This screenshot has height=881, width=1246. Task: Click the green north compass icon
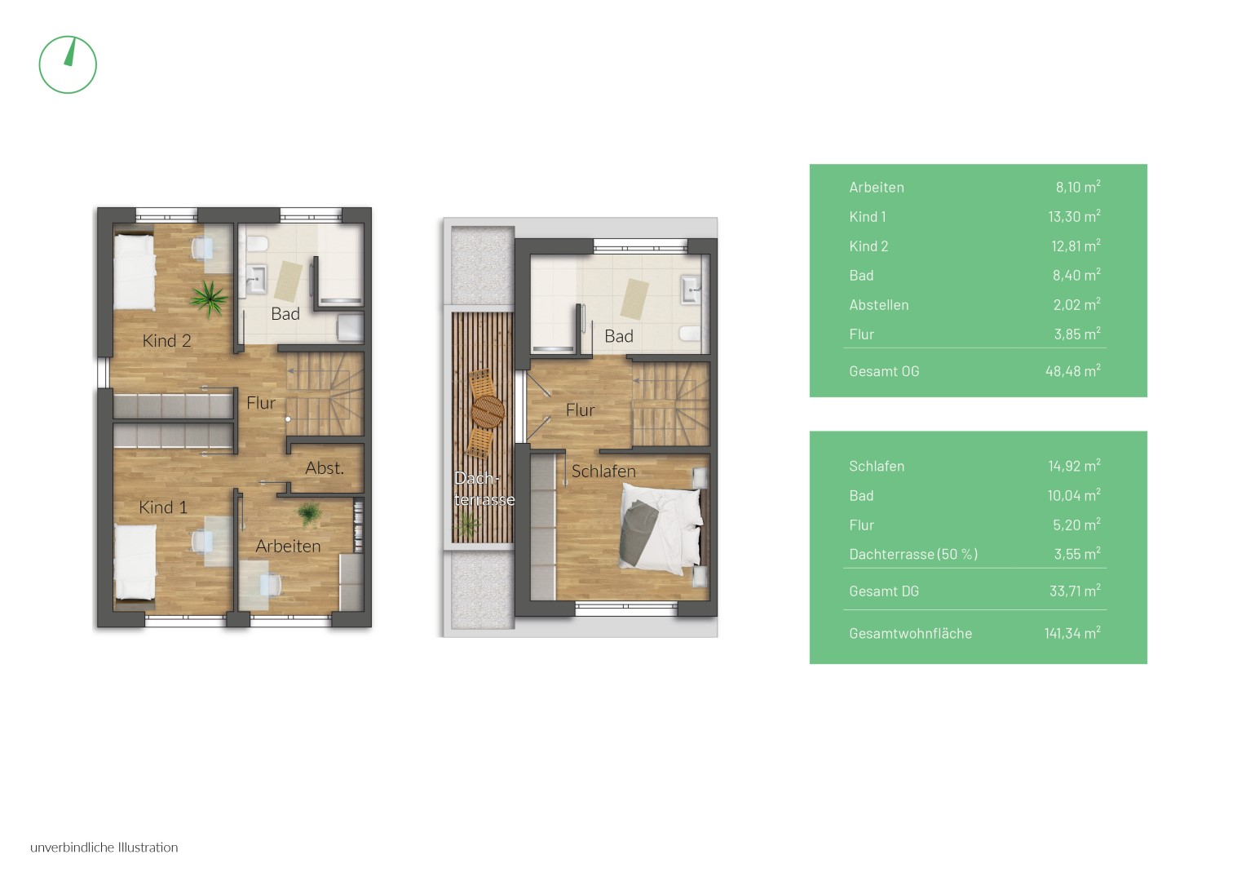(68, 65)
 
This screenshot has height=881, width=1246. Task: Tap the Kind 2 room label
(167, 341)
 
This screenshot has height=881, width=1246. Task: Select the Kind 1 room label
(163, 507)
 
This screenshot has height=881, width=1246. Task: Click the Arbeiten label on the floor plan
(288, 546)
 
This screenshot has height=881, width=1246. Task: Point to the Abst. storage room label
(325, 468)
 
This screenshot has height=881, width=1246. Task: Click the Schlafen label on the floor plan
(603, 471)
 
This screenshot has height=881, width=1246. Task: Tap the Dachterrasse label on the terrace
(484, 489)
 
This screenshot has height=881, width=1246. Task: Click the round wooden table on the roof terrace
(488, 412)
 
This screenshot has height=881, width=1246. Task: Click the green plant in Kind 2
(209, 298)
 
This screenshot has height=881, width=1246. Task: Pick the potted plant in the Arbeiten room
(309, 514)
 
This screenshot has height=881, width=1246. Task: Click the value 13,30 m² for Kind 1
(1074, 216)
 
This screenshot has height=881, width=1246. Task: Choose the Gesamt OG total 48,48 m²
(1073, 370)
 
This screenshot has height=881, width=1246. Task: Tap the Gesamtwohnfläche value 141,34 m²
(1072, 633)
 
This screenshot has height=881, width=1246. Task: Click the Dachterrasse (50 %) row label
(913, 555)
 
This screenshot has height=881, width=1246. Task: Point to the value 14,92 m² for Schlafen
(1074, 466)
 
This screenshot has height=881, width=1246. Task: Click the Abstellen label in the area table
(879, 305)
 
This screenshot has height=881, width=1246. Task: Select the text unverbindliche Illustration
(104, 848)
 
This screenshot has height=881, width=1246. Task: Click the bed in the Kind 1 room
(135, 563)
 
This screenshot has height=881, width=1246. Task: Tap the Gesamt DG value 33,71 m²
(1075, 591)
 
